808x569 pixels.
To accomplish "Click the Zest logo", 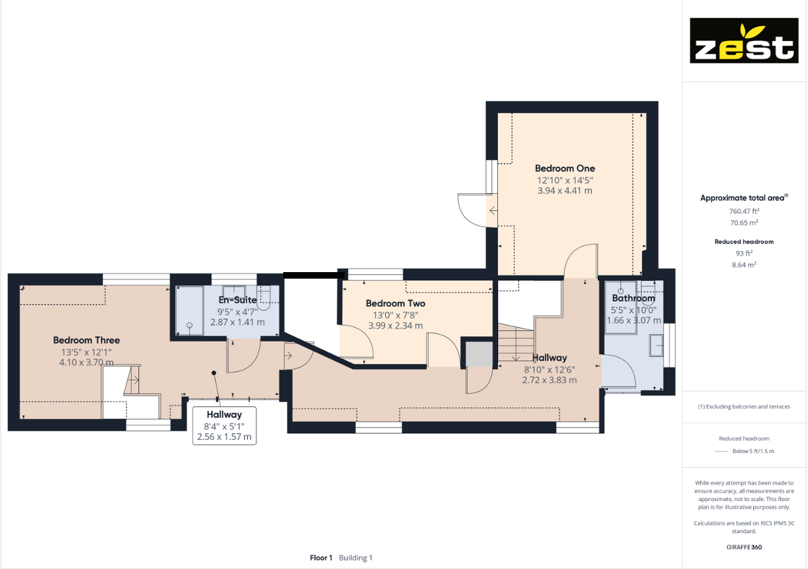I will (744, 40).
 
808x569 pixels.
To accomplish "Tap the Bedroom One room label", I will (565, 168).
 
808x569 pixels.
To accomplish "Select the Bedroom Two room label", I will (395, 303).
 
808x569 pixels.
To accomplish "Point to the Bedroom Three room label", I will (86, 340).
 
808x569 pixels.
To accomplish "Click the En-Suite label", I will (238, 300).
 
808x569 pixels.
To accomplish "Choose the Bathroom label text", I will (633, 298).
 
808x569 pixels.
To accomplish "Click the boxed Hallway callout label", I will (224, 414).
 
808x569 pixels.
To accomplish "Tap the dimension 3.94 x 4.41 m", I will (565, 191).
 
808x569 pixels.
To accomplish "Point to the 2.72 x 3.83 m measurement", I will (549, 380).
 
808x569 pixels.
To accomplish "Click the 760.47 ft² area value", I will (743, 211).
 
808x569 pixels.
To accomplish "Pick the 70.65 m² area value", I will (743, 223).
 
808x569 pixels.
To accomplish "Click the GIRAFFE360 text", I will (743, 547).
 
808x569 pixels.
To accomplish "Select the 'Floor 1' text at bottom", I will (321, 558).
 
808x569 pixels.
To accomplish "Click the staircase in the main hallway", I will (516, 343).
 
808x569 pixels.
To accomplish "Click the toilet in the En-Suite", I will (264, 297).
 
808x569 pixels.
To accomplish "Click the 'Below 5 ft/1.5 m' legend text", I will (753, 451).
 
